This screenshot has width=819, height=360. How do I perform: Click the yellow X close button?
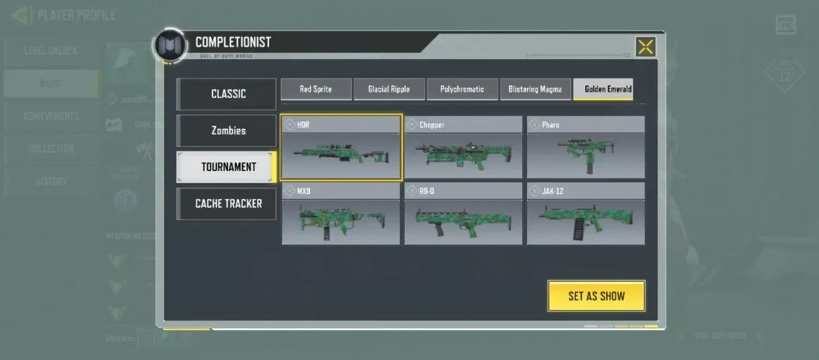(645, 47)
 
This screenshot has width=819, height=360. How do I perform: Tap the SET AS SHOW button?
(596, 296)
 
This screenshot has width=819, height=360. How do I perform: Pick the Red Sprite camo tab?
(316, 89)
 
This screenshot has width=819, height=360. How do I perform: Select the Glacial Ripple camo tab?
(389, 89)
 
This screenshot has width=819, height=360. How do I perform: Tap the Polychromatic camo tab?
(462, 89)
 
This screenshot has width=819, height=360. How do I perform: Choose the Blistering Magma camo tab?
(535, 89)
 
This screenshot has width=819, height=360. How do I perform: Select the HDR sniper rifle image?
(341, 155)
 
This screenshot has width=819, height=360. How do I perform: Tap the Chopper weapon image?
(463, 155)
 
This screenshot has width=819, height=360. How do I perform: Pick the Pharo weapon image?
(585, 155)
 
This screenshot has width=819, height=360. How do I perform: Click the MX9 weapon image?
(341, 221)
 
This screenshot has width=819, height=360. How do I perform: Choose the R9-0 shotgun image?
(463, 221)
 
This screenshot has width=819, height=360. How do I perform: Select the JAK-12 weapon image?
(585, 221)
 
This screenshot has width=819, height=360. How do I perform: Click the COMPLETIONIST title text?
(233, 42)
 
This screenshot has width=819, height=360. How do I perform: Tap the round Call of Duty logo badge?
(171, 45)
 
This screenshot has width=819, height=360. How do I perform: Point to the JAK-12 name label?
(553, 191)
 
